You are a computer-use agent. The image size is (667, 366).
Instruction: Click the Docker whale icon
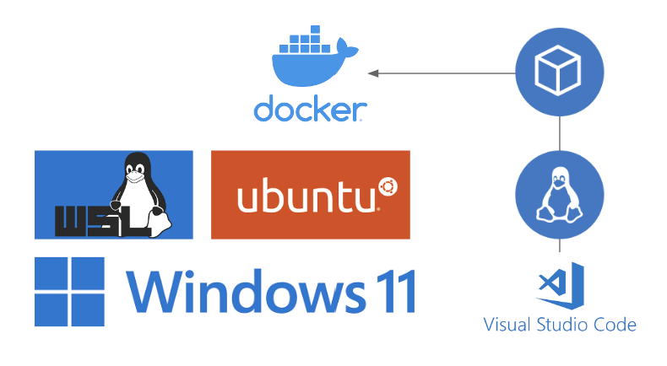[x=315, y=57]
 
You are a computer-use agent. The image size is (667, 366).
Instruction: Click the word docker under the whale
[x=310, y=109]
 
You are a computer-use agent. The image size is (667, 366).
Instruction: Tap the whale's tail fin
[x=347, y=49]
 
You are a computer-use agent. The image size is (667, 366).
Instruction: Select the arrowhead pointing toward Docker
[x=373, y=73]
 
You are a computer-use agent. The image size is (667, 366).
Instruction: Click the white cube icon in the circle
[x=558, y=71]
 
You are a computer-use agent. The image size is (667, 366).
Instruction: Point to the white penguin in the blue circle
[x=559, y=195]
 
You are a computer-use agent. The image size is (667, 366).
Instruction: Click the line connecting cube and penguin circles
[x=560, y=133]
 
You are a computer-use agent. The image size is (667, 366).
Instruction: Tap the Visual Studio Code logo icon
[x=560, y=286]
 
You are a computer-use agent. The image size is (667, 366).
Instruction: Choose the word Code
[x=615, y=325]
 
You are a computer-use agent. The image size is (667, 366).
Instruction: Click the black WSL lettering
[x=102, y=221]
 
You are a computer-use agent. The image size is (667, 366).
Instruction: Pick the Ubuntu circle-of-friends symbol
[x=388, y=187]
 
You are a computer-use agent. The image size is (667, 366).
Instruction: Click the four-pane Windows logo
[x=69, y=292]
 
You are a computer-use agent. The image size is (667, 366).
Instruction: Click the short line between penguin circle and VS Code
[x=560, y=245]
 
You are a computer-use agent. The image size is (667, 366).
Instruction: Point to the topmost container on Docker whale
[x=315, y=30]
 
